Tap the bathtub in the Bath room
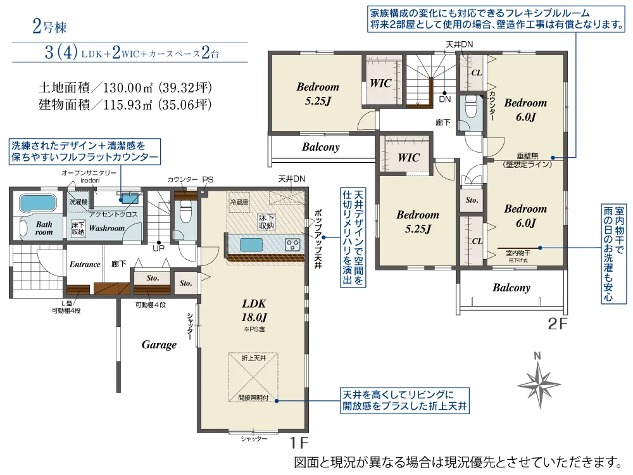click(39, 204)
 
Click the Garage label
click(159, 345)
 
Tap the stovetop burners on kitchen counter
click(292, 243)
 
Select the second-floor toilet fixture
click(469, 113)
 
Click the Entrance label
click(85, 264)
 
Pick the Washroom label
click(106, 228)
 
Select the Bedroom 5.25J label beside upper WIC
click(318, 93)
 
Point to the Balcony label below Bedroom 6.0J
click(511, 288)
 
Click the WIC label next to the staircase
click(381, 83)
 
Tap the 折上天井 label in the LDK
click(253, 358)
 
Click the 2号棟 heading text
click(49, 27)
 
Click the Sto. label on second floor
click(472, 200)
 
